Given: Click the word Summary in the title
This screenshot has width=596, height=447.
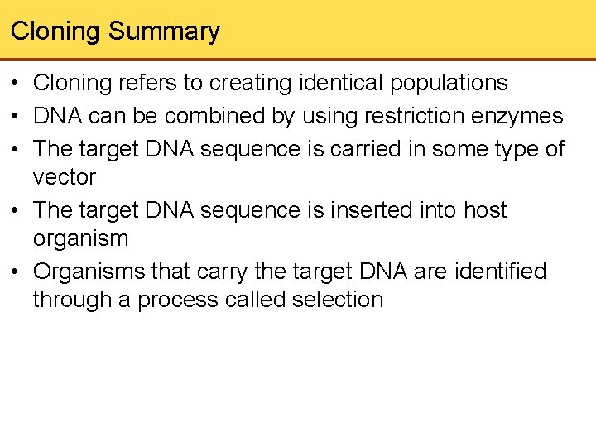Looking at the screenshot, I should point(164,31).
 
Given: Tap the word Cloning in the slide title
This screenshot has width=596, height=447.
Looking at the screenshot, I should point(55,31).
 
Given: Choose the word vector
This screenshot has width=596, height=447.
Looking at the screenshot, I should point(65,177).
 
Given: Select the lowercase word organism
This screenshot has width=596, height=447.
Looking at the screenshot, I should point(80,238).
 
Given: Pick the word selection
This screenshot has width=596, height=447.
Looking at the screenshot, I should point(338,300).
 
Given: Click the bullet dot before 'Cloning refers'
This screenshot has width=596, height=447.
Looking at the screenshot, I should point(16,84).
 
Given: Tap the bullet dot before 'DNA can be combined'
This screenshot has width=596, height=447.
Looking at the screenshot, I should point(16,117).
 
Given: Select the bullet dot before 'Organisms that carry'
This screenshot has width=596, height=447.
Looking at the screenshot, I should point(16,272).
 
